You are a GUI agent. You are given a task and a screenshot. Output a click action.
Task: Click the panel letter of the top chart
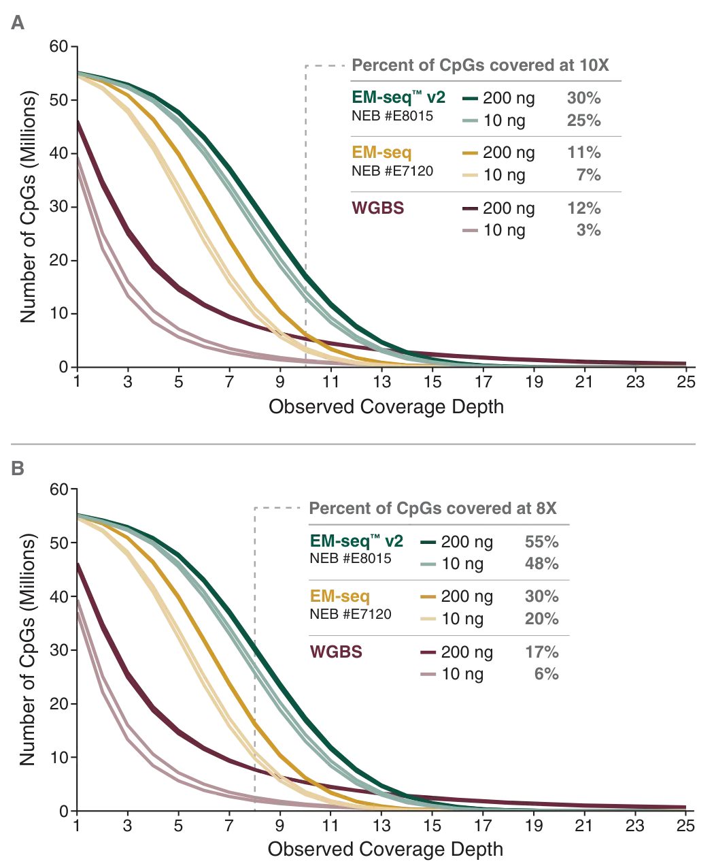tap(22, 25)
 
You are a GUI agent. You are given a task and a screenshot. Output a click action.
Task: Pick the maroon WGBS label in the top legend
tap(378, 209)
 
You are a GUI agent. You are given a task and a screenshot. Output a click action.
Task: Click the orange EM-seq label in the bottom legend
tap(339, 596)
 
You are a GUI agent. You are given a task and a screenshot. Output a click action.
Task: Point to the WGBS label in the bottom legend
tap(336, 652)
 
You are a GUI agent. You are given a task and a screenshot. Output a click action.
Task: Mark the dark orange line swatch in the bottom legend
tap(429, 597)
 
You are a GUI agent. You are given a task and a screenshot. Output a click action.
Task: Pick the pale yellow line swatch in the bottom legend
tap(429, 618)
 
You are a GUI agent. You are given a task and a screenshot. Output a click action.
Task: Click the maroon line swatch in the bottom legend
tap(429, 653)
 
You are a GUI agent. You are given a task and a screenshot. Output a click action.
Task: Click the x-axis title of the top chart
tap(386, 406)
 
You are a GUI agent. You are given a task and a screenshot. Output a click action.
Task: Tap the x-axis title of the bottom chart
tap(386, 849)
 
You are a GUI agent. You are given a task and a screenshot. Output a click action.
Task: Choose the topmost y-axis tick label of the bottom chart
tap(61, 488)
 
